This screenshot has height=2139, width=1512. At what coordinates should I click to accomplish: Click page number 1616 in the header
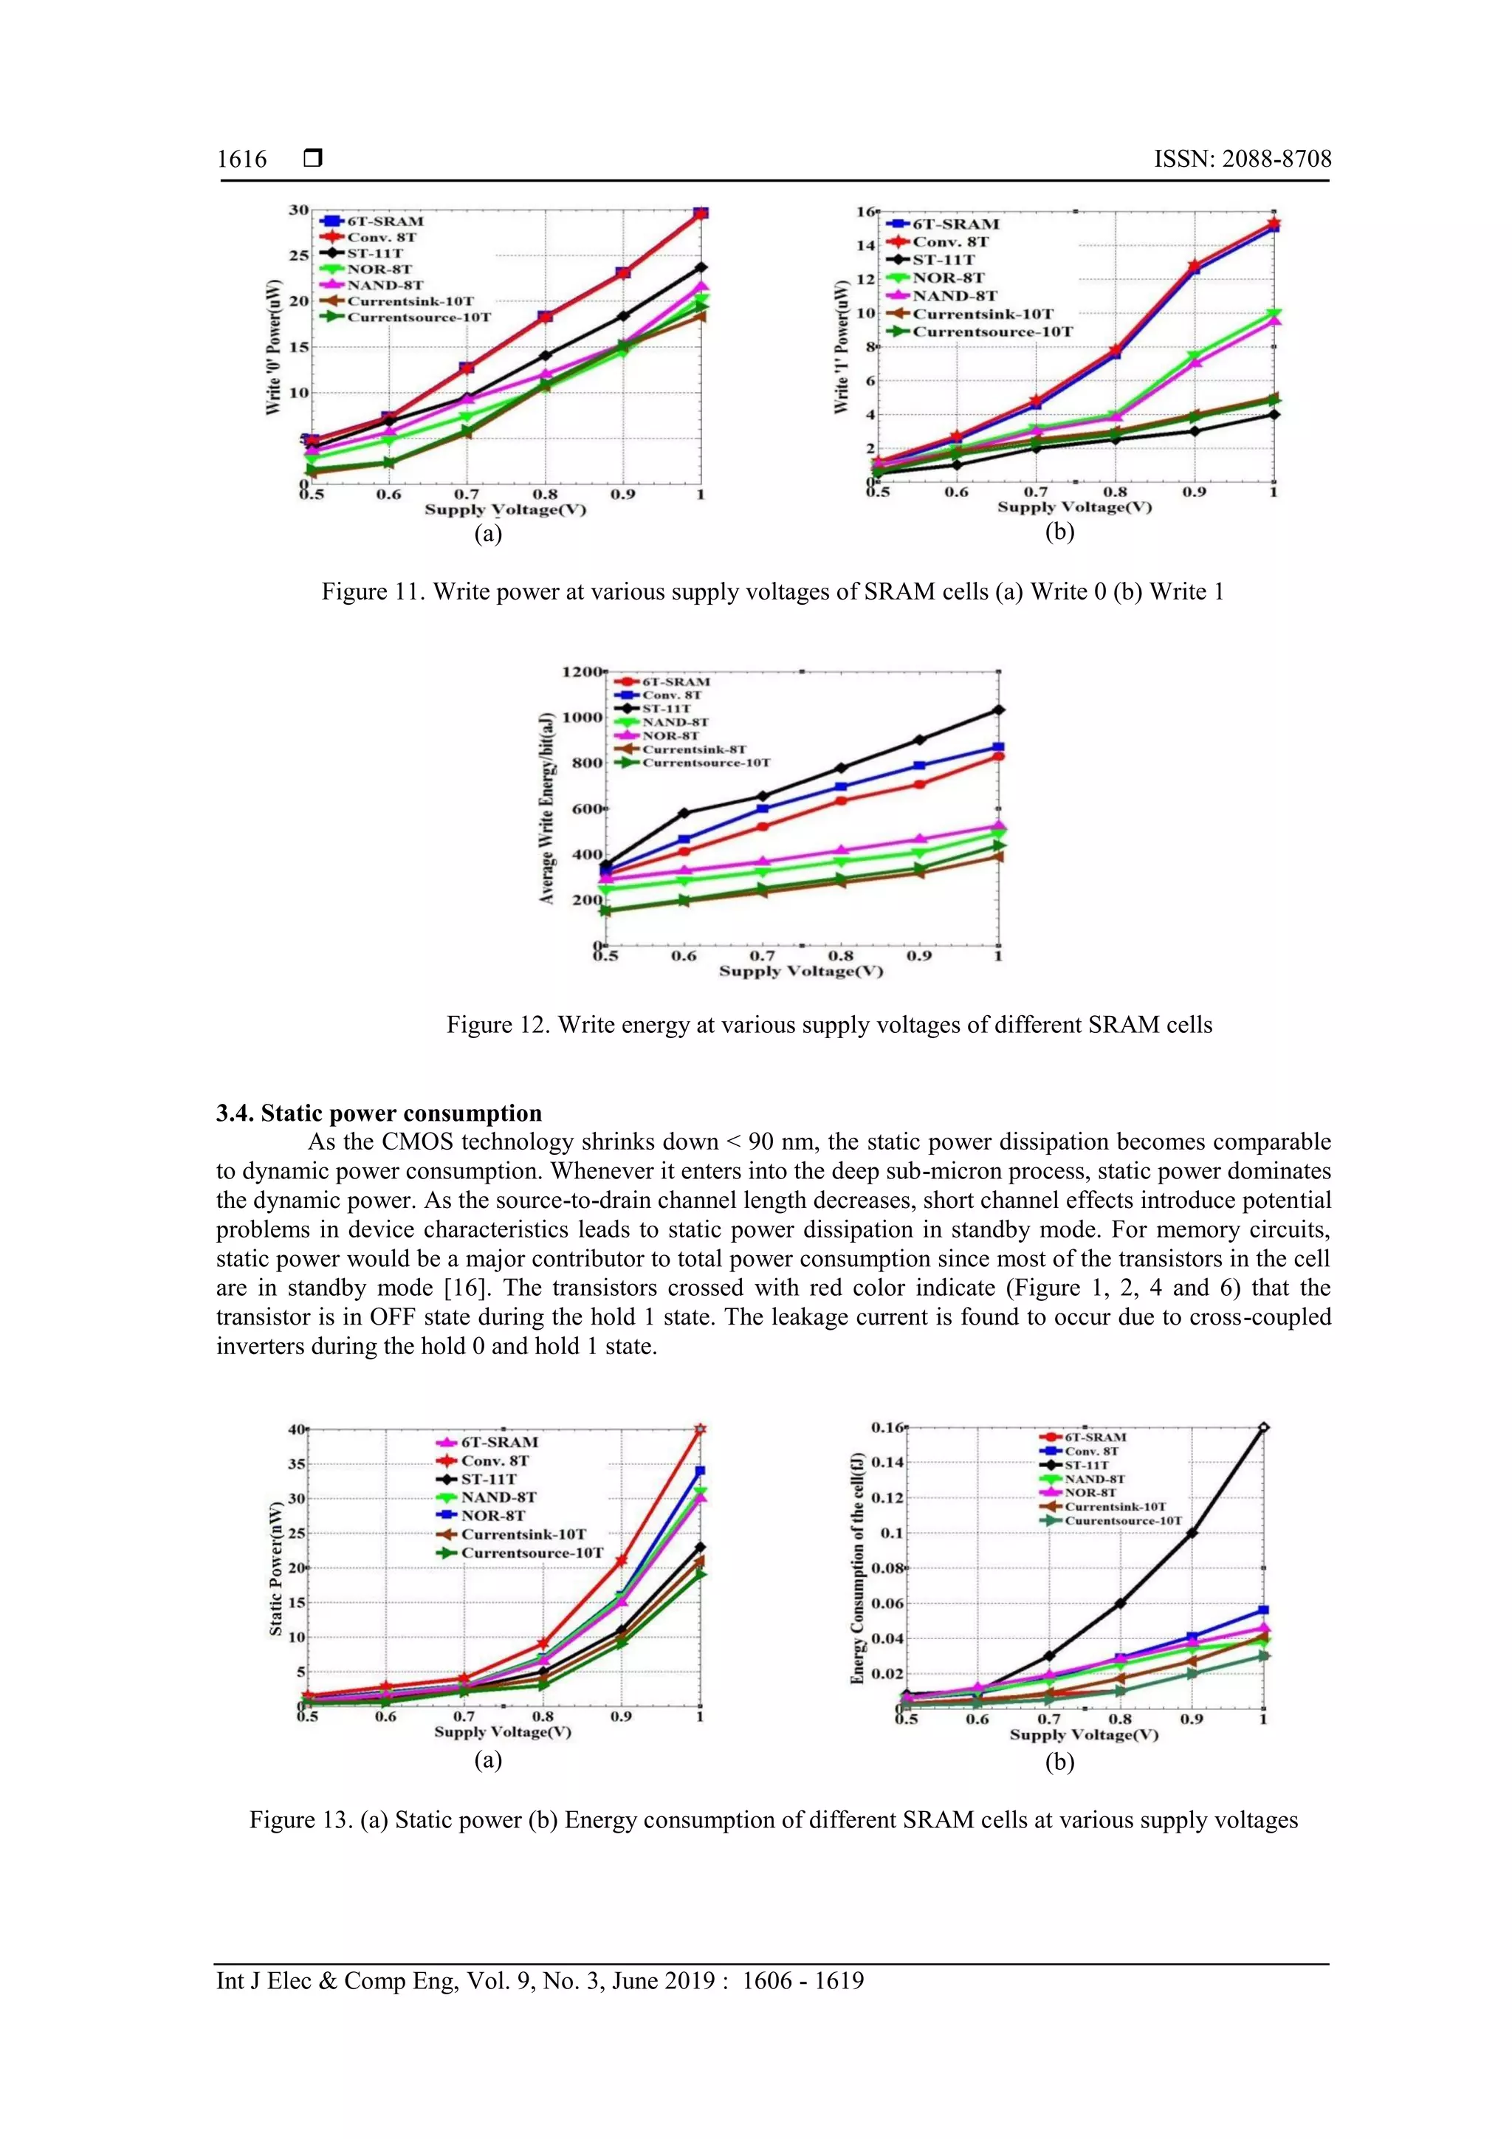(241, 159)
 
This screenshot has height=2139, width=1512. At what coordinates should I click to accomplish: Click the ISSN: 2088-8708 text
(1242, 159)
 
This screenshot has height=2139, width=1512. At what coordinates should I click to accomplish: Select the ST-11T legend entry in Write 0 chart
(374, 253)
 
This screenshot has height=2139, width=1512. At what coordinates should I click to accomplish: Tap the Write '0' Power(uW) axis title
(273, 346)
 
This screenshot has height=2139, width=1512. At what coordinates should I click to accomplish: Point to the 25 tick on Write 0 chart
(298, 255)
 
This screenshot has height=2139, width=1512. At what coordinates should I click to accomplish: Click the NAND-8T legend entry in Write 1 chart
(954, 296)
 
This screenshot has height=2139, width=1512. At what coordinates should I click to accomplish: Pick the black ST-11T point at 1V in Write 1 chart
(1274, 414)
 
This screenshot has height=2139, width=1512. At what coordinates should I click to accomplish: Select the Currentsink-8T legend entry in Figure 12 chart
(693, 749)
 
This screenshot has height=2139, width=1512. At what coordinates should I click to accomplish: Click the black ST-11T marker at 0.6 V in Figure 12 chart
(684, 814)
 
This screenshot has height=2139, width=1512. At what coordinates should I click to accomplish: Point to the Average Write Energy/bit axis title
(547, 808)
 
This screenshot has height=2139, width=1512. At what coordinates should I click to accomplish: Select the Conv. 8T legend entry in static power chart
(495, 1460)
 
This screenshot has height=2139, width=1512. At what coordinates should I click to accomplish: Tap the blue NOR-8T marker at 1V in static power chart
(700, 1471)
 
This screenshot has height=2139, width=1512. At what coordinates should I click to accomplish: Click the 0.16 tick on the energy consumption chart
(887, 1427)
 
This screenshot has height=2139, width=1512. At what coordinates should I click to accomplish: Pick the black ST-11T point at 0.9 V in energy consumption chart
(1192, 1533)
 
